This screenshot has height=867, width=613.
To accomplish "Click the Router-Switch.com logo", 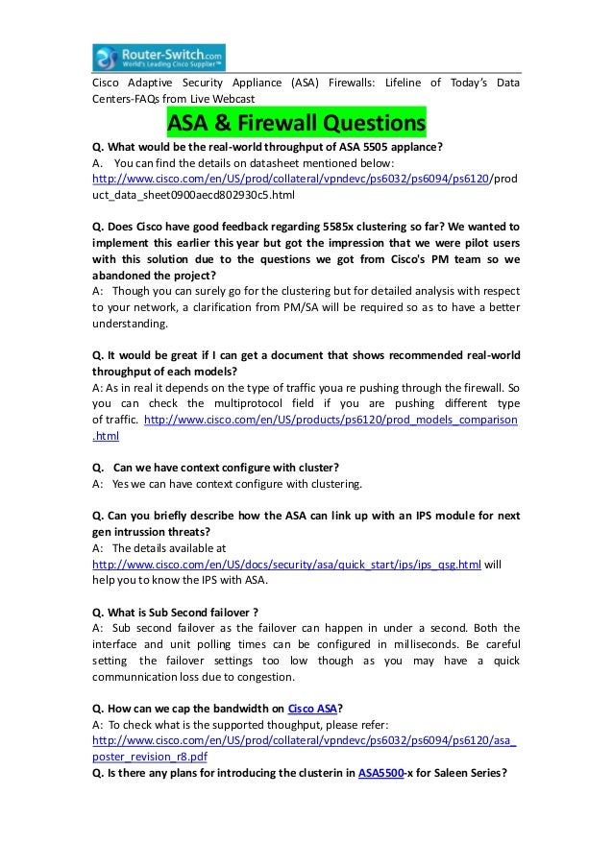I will [x=159, y=57].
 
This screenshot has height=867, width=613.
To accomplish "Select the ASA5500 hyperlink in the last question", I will [x=380, y=774].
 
